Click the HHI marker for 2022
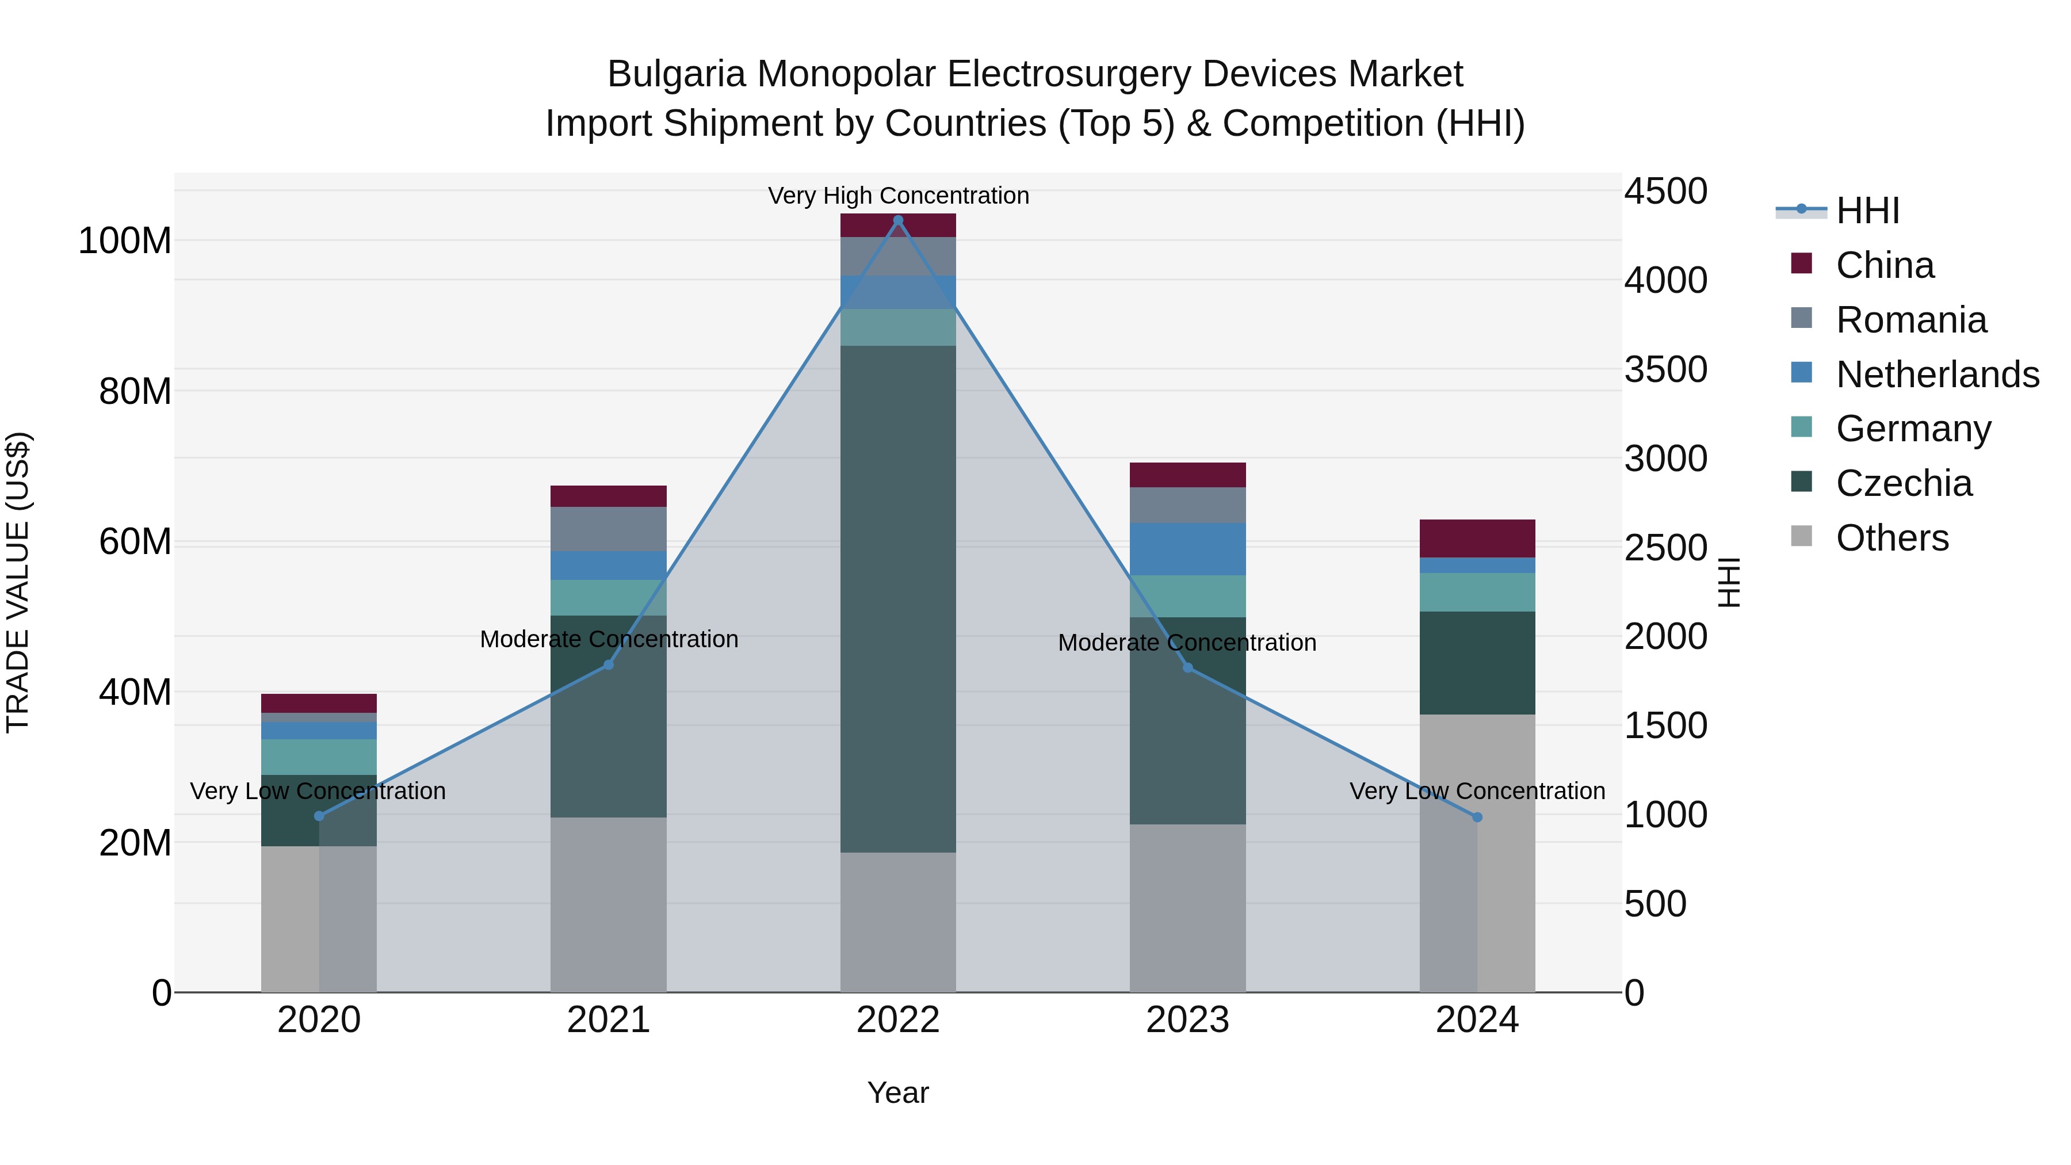[898, 220]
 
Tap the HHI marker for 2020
[319, 816]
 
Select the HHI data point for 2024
[1477, 818]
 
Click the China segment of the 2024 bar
[1477, 538]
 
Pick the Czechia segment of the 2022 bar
[898, 599]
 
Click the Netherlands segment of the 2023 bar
[1187, 549]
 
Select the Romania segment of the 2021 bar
[609, 529]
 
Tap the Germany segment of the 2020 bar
[319, 757]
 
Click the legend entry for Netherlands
[1937, 375]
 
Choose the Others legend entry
[1892, 538]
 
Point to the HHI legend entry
[1867, 211]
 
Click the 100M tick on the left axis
[125, 241]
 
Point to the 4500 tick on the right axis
[1665, 192]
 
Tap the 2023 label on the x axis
[1187, 1020]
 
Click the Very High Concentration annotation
[898, 196]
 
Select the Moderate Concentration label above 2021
[609, 639]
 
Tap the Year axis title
[898, 1093]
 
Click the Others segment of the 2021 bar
[609, 904]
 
